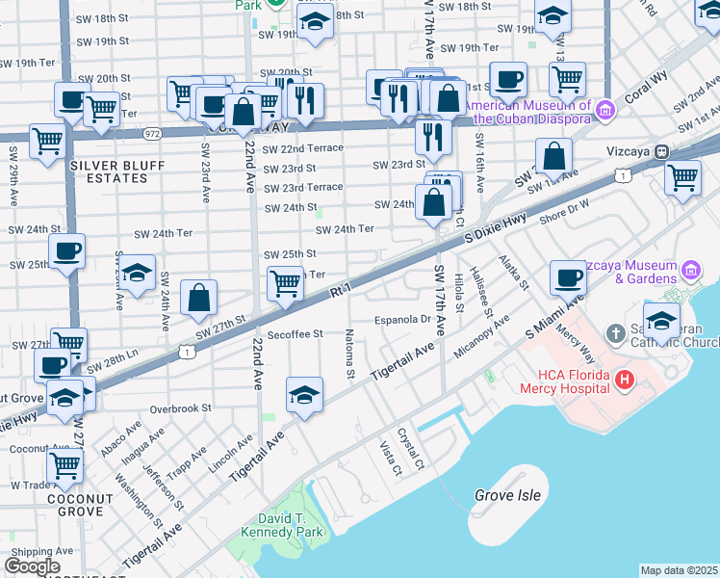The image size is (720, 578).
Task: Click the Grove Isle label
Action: click(507, 496)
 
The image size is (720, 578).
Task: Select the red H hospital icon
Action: click(625, 381)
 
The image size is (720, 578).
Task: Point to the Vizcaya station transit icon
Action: click(662, 152)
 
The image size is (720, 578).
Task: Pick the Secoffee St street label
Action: click(295, 336)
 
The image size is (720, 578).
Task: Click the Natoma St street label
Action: click(348, 355)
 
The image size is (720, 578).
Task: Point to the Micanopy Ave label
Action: click(481, 332)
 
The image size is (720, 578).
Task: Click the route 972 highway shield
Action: click(152, 133)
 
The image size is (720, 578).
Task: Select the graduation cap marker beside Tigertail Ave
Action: click(303, 394)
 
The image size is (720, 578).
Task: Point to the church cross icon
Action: click(616, 333)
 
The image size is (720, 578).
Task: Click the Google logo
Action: click(32, 565)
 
